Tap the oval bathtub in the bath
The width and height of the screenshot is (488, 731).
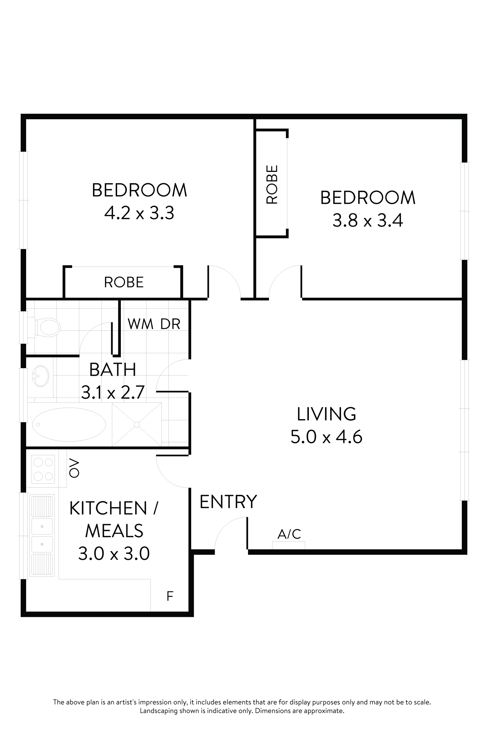point(69,425)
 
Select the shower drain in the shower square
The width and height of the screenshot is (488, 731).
point(137,425)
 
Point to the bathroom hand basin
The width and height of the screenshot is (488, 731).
point(41,376)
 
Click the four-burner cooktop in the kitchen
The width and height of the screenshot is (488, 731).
point(43,469)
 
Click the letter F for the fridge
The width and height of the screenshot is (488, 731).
point(170,596)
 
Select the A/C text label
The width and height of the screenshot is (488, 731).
point(289,534)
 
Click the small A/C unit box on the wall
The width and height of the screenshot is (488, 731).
point(288,545)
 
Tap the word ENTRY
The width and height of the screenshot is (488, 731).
point(228,502)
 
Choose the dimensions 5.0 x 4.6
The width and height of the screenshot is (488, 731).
point(326,437)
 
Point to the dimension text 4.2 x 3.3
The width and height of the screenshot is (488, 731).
point(139,213)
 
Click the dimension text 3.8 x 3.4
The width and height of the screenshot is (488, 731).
point(367,220)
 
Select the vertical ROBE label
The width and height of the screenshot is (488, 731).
point(272,184)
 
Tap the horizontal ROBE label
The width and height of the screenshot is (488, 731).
point(123,282)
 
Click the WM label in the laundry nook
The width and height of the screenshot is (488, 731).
point(140,324)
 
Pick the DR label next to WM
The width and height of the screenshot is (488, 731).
point(170,324)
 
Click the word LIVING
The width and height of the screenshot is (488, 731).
point(326,414)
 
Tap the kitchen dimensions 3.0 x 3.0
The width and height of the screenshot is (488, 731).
point(114,553)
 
